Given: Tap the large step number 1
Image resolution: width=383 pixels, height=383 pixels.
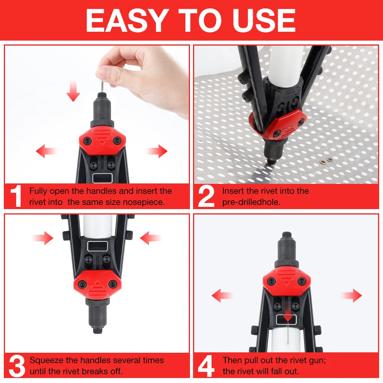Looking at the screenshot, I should [x=16, y=196].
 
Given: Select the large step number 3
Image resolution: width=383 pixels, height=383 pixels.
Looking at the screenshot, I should [x=16, y=366].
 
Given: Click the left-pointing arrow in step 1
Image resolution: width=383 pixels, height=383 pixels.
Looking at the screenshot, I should [x=46, y=152].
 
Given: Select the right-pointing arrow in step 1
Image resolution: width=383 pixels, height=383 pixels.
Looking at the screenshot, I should [x=157, y=152].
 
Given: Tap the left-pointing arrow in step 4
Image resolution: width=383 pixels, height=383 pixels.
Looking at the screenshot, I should [x=222, y=295].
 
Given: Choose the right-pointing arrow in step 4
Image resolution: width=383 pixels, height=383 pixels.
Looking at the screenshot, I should [x=351, y=295].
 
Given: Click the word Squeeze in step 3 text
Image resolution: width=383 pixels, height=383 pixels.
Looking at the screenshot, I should [x=46, y=360].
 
